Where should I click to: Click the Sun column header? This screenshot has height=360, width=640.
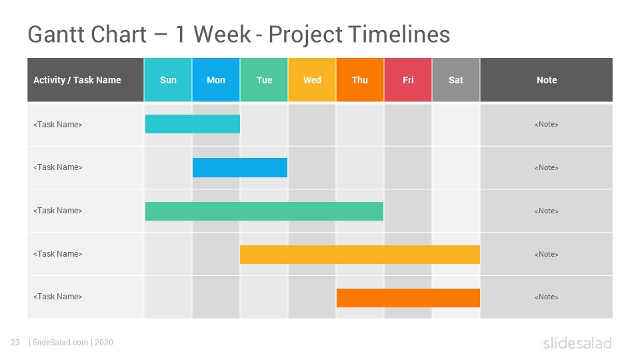(x=168, y=79)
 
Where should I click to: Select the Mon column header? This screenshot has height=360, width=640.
(x=216, y=79)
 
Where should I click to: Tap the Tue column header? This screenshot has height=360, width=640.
(x=264, y=79)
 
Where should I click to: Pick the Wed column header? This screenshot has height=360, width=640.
(x=312, y=79)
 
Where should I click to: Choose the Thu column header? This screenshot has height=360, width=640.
(x=360, y=79)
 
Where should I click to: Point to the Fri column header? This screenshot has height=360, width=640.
(x=408, y=79)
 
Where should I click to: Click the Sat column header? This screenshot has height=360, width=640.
(x=456, y=79)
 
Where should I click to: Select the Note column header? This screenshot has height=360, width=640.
(x=547, y=79)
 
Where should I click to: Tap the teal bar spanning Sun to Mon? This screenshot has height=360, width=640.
(x=193, y=124)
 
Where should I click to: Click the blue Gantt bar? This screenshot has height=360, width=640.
(x=240, y=167)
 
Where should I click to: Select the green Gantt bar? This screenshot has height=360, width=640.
(x=264, y=211)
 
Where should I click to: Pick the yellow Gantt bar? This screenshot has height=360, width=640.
(x=360, y=254)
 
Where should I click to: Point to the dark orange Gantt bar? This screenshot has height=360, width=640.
(x=408, y=297)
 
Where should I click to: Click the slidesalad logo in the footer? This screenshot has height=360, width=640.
(x=577, y=343)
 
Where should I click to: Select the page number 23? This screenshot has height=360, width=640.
(x=15, y=343)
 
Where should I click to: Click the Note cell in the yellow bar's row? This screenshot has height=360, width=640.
(x=547, y=254)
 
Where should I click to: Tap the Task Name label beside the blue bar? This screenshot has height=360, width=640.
(x=57, y=167)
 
